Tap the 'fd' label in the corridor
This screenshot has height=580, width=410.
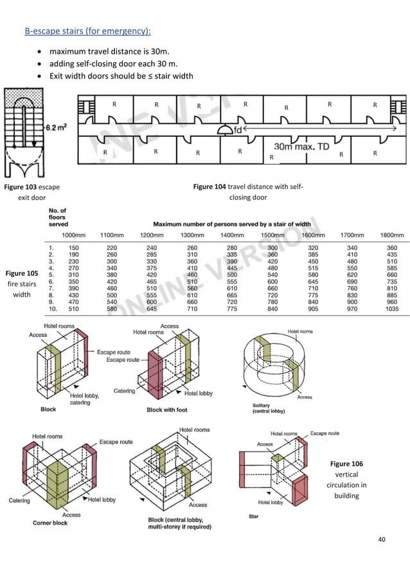(x=238, y=130)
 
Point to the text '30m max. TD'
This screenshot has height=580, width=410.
(x=302, y=147)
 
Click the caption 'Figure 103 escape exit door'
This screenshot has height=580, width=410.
(x=31, y=192)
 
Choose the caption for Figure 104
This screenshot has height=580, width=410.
(x=247, y=192)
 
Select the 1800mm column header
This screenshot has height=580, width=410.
(x=392, y=235)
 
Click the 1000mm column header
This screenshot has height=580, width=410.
(x=74, y=235)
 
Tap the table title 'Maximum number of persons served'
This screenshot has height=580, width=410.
(x=231, y=224)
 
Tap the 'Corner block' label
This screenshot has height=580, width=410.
(x=50, y=523)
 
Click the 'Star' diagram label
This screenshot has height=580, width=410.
(x=253, y=516)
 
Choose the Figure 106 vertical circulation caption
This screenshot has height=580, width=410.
(x=346, y=480)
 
